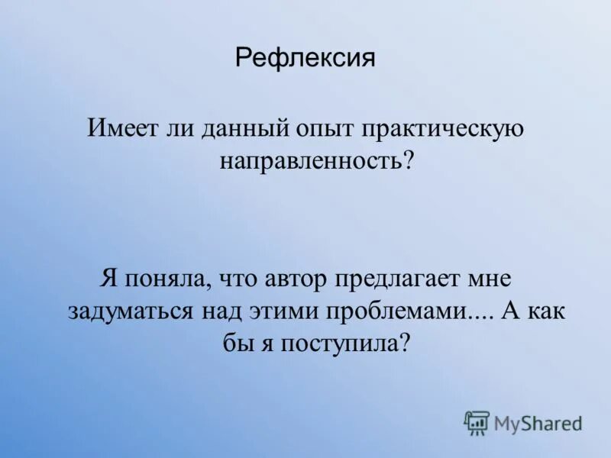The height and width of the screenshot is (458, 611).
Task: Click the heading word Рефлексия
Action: [x=305, y=57]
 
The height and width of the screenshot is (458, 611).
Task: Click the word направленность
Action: [x=310, y=160]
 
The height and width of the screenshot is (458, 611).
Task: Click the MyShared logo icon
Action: [x=477, y=422]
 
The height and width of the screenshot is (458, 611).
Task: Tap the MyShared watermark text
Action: [x=538, y=423]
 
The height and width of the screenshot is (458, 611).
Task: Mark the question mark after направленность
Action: [x=407, y=160]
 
